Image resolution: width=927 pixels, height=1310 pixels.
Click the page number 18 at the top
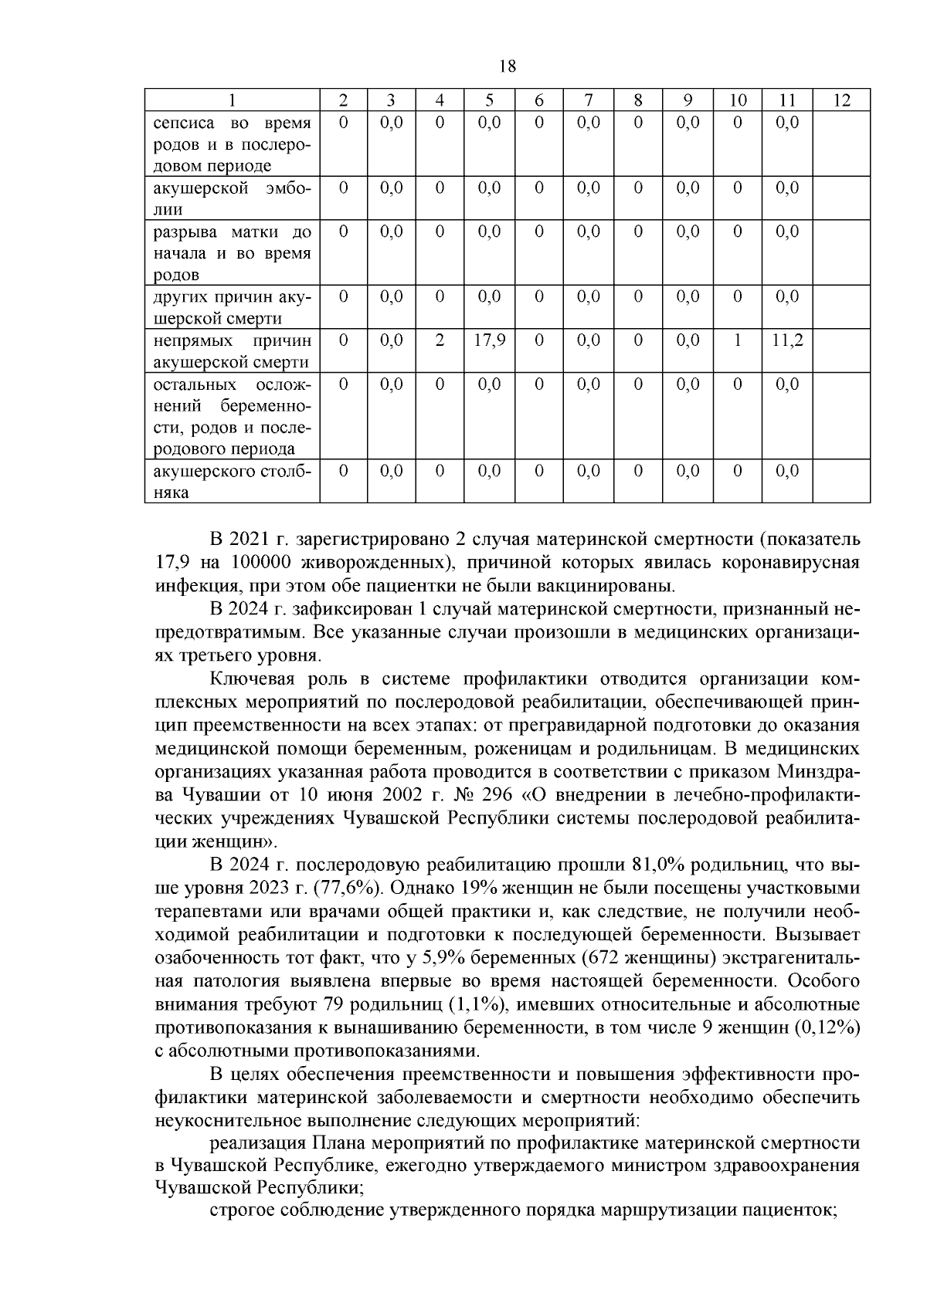click(508, 66)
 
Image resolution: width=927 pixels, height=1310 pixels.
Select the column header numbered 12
click(841, 100)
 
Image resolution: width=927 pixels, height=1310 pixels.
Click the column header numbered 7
click(588, 100)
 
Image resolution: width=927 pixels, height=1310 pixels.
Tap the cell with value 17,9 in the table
click(489, 340)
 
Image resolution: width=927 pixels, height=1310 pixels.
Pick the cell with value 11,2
click(787, 340)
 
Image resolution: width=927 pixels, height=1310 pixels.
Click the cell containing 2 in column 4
click(439, 340)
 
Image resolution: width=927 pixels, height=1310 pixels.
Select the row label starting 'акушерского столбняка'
click(232, 482)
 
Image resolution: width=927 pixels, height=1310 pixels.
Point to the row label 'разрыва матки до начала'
click(232, 253)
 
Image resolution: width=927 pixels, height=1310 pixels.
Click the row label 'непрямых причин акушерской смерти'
click(232, 351)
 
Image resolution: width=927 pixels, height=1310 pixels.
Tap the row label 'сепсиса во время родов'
click(232, 144)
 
